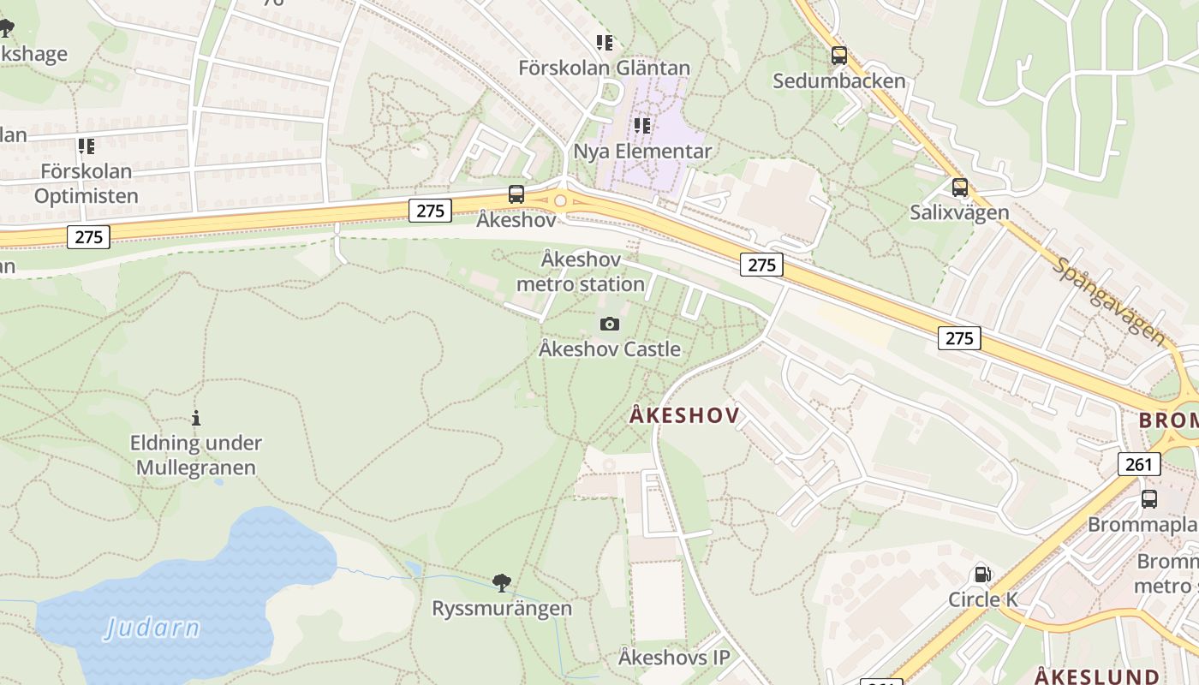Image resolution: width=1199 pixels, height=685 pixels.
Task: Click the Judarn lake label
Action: [152, 628]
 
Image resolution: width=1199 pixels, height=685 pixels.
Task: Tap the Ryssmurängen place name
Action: [502, 609]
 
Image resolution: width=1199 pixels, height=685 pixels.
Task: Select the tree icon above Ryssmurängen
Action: [502, 583]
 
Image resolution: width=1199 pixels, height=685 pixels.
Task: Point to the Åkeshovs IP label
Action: [674, 658]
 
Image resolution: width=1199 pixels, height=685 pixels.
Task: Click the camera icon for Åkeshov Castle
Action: [610, 324]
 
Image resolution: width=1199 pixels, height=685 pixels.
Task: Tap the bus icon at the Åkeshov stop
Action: [516, 194]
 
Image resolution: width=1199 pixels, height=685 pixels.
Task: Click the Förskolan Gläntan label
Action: [605, 68]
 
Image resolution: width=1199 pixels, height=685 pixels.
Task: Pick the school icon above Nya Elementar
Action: [642, 126]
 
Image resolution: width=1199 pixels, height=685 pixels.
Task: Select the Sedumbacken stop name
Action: [838, 81]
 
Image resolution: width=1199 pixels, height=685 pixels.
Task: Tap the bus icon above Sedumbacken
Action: [838, 56]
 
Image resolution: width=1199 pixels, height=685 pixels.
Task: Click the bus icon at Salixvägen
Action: [960, 187]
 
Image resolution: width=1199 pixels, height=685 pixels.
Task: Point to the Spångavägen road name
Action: [1110, 301]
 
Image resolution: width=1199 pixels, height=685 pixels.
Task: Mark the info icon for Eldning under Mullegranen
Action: [196, 418]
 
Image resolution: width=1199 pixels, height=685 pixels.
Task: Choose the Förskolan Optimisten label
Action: [86, 183]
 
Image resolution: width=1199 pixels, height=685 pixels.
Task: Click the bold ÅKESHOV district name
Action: [684, 416]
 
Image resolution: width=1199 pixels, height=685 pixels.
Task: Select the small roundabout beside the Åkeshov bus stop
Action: [560, 200]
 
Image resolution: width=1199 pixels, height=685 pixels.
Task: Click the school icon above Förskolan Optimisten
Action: [86, 146]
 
